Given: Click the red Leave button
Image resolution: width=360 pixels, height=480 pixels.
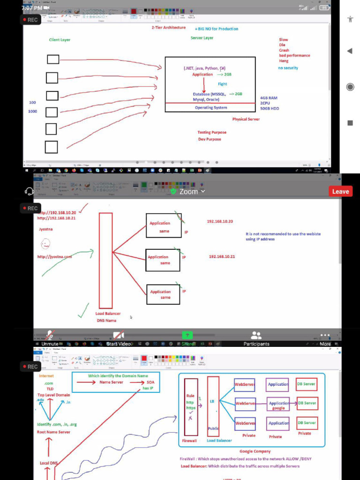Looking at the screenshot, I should pyautogui.click(x=340, y=191).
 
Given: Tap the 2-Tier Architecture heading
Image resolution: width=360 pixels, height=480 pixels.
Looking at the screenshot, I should pyautogui.click(x=169, y=28).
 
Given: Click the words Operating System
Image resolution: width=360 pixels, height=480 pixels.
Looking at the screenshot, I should pyautogui.click(x=211, y=108).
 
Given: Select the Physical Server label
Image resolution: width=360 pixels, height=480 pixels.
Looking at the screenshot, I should pyautogui.click(x=246, y=119).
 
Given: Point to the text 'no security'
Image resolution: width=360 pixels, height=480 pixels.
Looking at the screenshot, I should pyautogui.click(x=288, y=68).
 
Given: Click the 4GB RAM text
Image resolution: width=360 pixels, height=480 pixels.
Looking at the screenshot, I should pyautogui.click(x=269, y=98).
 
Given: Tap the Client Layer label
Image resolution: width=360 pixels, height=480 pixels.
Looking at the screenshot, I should pyautogui.click(x=60, y=40).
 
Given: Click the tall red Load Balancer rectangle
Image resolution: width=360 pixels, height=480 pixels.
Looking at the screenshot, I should pyautogui.click(x=106, y=260).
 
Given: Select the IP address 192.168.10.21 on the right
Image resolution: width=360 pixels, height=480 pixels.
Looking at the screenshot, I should pyautogui.click(x=222, y=256).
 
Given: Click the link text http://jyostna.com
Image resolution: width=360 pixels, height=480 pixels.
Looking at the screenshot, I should pyautogui.click(x=55, y=256).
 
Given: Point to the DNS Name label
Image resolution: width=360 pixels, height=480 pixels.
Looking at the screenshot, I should pyautogui.click(x=106, y=321).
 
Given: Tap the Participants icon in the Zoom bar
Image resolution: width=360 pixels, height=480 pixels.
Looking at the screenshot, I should pyautogui.click(x=256, y=336).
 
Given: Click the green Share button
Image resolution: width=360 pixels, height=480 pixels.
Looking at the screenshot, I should pyautogui.click(x=187, y=336).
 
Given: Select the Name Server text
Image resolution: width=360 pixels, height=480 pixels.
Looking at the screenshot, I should pyautogui.click(x=111, y=382).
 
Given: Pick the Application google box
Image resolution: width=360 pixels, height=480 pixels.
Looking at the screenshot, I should pyautogui.click(x=279, y=405).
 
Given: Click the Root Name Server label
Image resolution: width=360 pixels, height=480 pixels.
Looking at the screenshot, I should pyautogui.click(x=53, y=432).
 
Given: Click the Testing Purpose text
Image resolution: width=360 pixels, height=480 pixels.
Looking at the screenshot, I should pyautogui.click(x=211, y=132).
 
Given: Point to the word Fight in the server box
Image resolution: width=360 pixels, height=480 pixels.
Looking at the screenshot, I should pyautogui.click(x=222, y=84).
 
